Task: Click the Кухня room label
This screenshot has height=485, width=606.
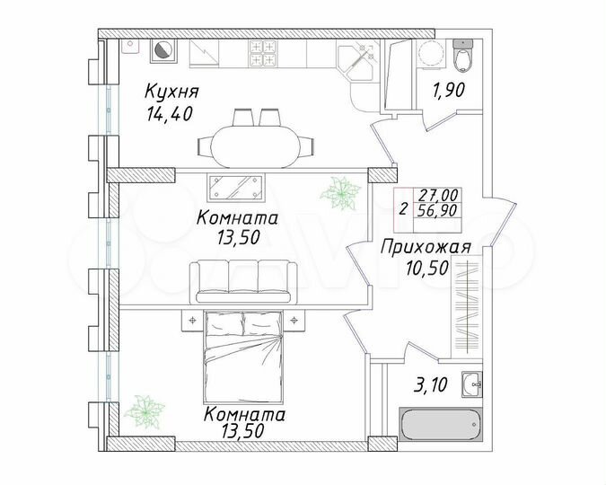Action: (x=171, y=92)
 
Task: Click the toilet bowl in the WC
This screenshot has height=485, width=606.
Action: (x=463, y=57)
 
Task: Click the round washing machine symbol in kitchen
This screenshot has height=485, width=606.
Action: (x=163, y=52)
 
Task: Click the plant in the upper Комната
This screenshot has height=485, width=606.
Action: (x=342, y=191)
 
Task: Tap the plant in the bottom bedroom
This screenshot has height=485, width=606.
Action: (x=144, y=410)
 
